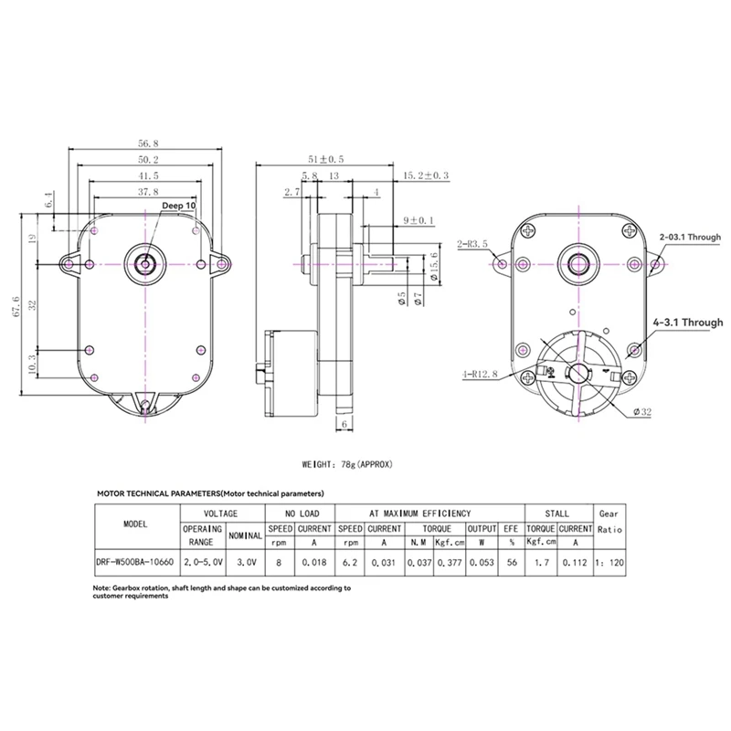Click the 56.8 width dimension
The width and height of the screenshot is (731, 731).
click(148, 143)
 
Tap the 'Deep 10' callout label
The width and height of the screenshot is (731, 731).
click(178, 207)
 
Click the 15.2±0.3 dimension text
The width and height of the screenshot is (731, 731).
click(425, 175)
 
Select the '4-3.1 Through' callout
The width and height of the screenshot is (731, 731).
click(687, 323)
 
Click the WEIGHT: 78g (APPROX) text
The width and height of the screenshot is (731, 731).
click(346, 463)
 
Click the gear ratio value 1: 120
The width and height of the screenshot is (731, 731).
click(609, 562)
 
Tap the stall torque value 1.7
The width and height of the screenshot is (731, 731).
click(540, 562)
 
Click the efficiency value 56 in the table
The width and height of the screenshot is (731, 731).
click(510, 562)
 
